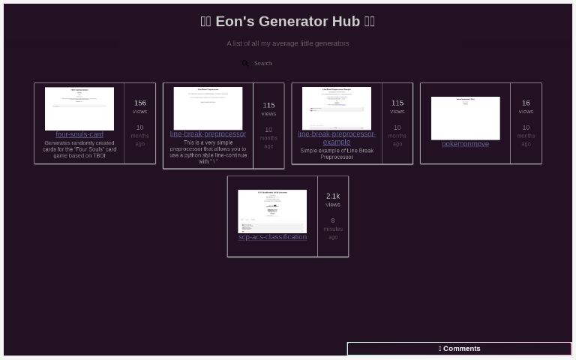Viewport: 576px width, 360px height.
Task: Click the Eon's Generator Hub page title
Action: coord(288,21)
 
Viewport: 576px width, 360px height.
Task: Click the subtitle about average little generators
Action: coord(288,43)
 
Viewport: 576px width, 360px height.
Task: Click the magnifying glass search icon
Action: coord(245,64)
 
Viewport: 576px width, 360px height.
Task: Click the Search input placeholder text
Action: coord(263,64)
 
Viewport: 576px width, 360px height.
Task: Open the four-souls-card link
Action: coord(79,134)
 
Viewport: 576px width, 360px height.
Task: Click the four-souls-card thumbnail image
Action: coord(79,109)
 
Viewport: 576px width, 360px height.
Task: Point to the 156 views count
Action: coord(140,103)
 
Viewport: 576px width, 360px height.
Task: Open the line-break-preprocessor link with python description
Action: coord(208,134)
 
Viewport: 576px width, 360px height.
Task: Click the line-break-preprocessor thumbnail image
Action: coord(208,108)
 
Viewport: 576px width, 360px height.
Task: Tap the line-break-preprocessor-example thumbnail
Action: coord(337,108)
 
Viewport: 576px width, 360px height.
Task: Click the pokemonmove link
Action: coord(465,144)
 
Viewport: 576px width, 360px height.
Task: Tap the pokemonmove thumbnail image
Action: coord(465,118)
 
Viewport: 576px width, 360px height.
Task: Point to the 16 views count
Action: coord(526,103)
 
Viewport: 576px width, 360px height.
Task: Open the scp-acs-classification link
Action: coord(272,237)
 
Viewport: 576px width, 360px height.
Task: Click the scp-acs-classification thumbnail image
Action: coord(272,211)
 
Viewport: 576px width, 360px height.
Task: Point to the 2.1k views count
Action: coord(333,196)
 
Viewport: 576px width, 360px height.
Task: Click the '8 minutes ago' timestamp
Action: coord(333,229)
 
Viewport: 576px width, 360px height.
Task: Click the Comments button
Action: coord(459,349)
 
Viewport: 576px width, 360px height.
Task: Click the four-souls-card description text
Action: coord(79,149)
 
